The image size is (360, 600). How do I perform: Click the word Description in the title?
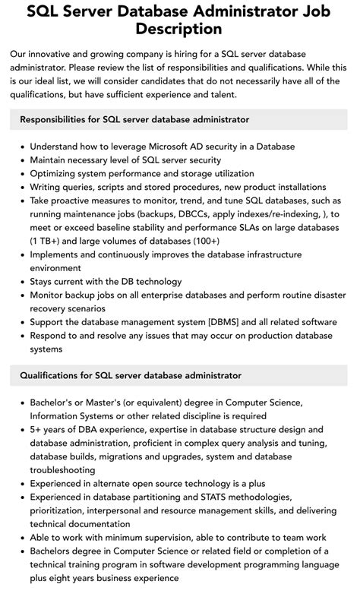pos(179,29)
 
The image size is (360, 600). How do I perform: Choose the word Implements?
pos(59,254)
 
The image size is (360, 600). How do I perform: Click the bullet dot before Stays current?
pos(21,282)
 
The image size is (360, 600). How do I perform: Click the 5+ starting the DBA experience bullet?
pos(36,429)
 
